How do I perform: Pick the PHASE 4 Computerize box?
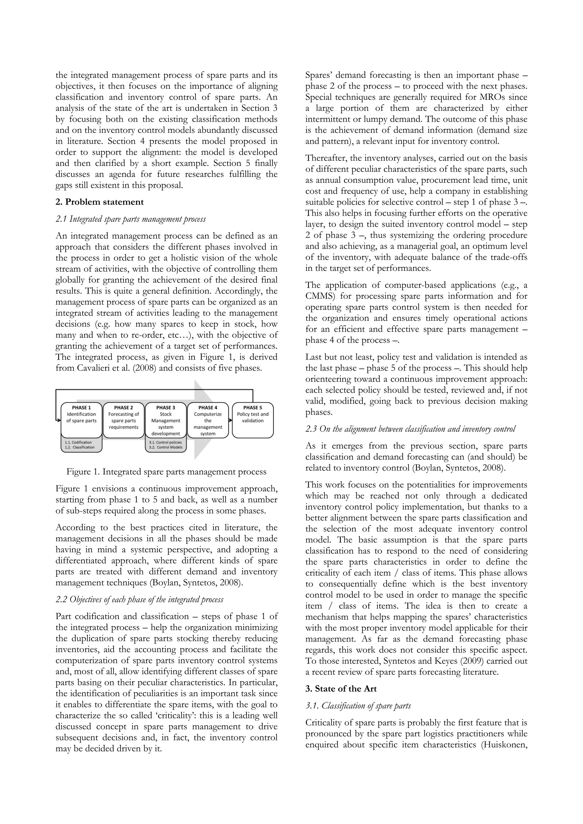(208, 420)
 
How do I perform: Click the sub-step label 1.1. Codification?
(78, 442)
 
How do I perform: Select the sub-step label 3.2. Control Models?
(165, 447)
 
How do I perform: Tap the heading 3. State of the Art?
(341, 689)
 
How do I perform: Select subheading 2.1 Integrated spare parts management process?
(131, 219)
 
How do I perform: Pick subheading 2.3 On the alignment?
(410, 429)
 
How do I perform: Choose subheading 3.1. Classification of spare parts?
(358, 706)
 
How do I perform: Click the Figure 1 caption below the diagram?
(166, 471)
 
